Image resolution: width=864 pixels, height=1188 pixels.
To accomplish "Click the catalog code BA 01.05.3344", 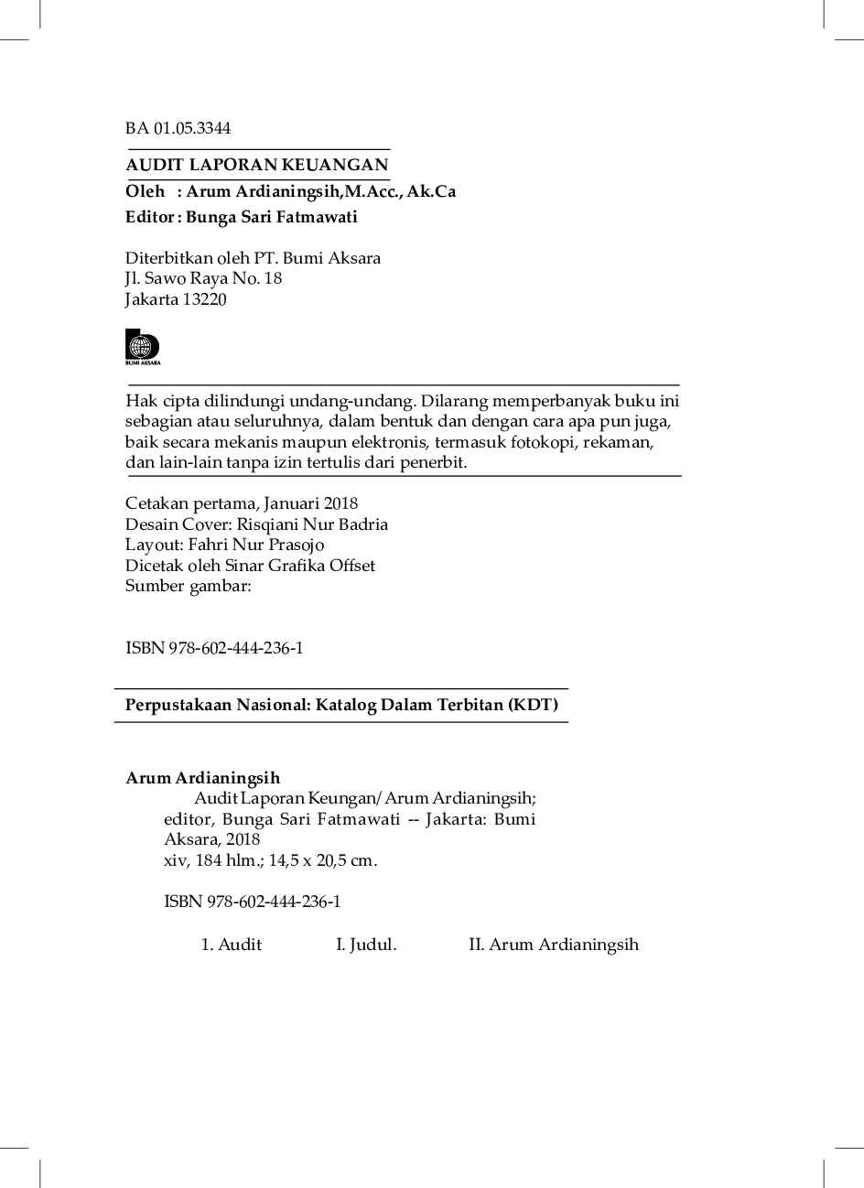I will tap(178, 128).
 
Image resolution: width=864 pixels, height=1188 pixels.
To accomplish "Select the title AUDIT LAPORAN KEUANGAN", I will tap(256, 165).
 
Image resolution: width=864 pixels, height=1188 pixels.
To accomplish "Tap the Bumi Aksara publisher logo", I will tap(142, 347).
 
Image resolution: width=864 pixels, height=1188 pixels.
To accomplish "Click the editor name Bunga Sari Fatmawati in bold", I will tap(271, 217).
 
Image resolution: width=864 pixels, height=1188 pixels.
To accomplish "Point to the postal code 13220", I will tap(204, 299).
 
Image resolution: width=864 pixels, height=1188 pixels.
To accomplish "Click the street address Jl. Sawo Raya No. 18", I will tap(203, 278).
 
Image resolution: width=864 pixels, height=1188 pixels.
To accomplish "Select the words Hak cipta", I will tap(153, 401).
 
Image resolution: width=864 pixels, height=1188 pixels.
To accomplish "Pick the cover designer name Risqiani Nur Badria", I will tap(312, 524).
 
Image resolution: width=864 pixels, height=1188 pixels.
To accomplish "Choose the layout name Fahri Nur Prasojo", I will tap(255, 545).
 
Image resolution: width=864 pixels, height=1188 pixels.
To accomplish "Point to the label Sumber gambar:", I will tap(188, 586).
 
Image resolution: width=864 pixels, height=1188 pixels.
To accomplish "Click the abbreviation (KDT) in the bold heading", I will tap(533, 705).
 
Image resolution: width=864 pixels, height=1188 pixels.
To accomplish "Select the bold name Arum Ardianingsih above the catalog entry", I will tap(202, 778).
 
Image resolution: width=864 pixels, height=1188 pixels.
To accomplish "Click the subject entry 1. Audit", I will tap(232, 945).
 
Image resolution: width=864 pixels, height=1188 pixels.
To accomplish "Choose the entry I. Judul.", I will tap(366, 945).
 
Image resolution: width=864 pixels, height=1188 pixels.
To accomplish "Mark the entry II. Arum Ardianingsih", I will tap(553, 945).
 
